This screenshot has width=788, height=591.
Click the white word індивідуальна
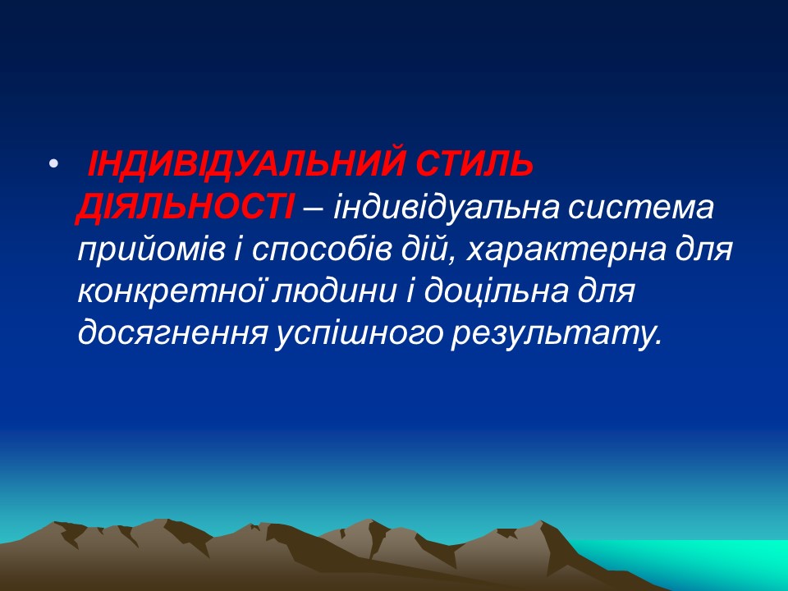click(x=436, y=208)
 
